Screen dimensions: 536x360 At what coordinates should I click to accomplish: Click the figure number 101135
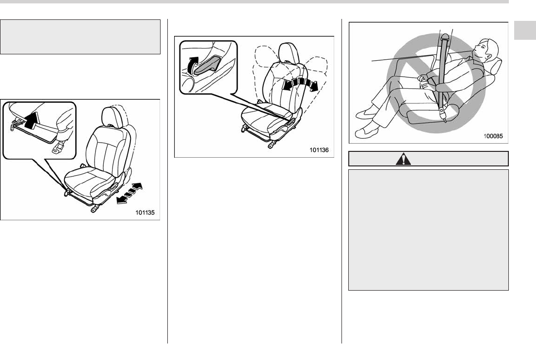click(145, 213)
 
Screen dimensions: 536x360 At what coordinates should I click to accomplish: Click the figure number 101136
click(319, 150)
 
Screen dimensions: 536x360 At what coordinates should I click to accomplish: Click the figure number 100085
click(493, 136)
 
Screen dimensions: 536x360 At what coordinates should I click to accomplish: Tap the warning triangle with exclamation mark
click(404, 159)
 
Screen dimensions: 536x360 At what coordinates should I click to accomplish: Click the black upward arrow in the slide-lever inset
click(31, 121)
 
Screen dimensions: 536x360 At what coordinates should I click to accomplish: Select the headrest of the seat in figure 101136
click(289, 53)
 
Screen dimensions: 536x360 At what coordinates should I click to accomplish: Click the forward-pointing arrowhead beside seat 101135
click(137, 187)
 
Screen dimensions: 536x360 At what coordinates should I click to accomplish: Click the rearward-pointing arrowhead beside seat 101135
click(121, 200)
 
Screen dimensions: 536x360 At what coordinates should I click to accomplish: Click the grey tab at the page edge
click(525, 31)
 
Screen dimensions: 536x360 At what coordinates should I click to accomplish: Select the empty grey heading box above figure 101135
click(81, 37)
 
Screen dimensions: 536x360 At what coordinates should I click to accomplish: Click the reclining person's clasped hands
click(424, 81)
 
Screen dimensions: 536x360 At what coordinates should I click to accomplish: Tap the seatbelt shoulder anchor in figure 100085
click(445, 36)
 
